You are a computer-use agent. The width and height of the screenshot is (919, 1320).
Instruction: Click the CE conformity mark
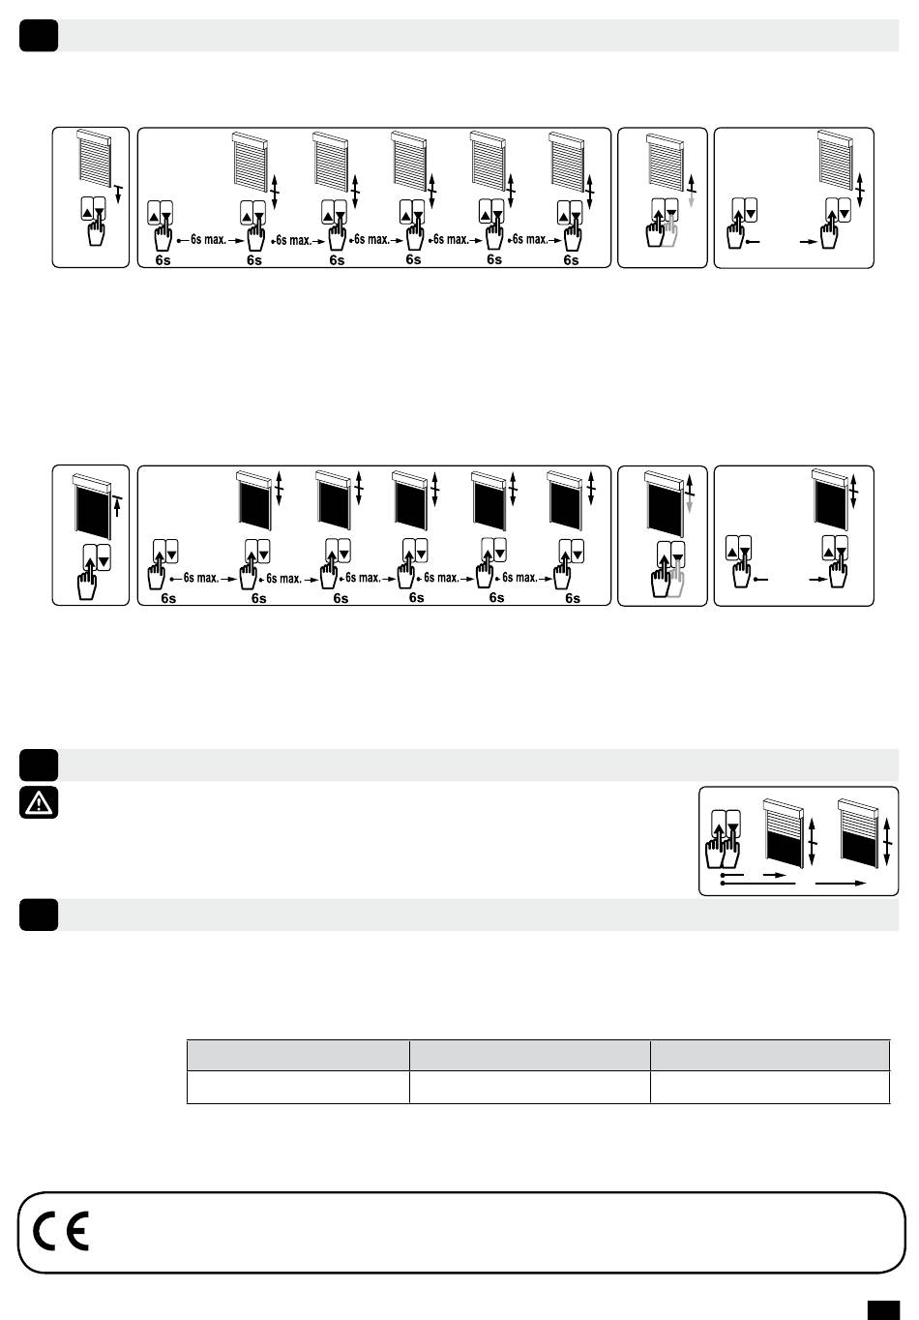click(61, 1231)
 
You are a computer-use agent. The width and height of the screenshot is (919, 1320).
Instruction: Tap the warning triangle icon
click(39, 802)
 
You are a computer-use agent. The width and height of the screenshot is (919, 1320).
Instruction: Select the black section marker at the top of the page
click(39, 36)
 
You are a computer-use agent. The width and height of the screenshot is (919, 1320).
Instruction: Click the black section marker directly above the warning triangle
click(39, 765)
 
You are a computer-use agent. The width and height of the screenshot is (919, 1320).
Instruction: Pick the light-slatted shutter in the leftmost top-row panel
click(94, 156)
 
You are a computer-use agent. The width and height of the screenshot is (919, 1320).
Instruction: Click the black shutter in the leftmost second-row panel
click(92, 505)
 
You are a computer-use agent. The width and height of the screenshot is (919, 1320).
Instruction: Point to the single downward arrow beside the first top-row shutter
click(118, 194)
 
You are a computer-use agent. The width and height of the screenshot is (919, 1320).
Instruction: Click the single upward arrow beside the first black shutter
click(118, 507)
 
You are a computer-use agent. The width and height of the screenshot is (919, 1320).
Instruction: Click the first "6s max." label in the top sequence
click(208, 240)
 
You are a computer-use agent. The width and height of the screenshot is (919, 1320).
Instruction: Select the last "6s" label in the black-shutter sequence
click(572, 598)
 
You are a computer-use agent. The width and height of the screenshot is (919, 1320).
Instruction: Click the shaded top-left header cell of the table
click(298, 1055)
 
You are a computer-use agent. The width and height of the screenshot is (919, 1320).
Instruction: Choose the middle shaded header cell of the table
click(529, 1055)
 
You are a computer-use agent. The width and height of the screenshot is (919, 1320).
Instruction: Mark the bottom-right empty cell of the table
click(770, 1087)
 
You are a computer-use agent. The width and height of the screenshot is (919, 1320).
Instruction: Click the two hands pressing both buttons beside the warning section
click(723, 839)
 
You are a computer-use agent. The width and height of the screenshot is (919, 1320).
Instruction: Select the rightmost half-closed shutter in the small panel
click(858, 833)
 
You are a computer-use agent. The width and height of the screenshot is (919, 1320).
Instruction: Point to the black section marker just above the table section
click(39, 915)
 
